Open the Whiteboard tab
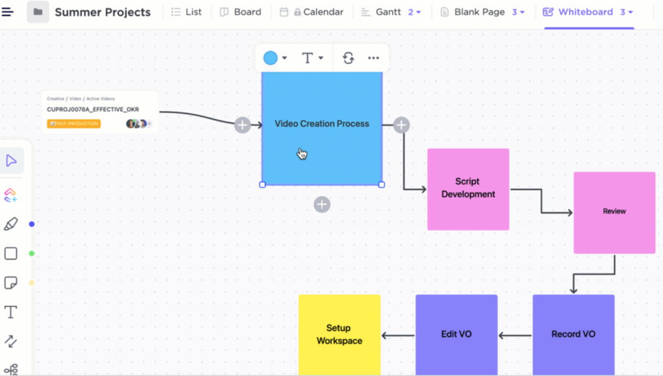pyautogui.click(x=585, y=12)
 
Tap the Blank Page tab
pyautogui.click(x=479, y=12)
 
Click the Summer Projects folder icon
pyautogui.click(x=38, y=12)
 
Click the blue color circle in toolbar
pyautogui.click(x=271, y=58)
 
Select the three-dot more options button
pyautogui.click(x=374, y=58)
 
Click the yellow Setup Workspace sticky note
pyautogui.click(x=339, y=335)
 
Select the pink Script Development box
pyautogui.click(x=467, y=188)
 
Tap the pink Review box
pyautogui.click(x=614, y=212)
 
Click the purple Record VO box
pyautogui.click(x=573, y=335)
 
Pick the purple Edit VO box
pyautogui.click(x=456, y=335)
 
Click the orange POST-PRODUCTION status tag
pyautogui.click(x=74, y=124)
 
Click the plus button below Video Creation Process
pyautogui.click(x=322, y=205)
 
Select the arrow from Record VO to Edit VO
pyautogui.click(x=515, y=335)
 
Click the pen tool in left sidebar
pyautogui.click(x=11, y=224)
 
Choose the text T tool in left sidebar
pyautogui.click(x=11, y=313)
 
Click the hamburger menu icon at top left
pyautogui.click(x=8, y=12)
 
